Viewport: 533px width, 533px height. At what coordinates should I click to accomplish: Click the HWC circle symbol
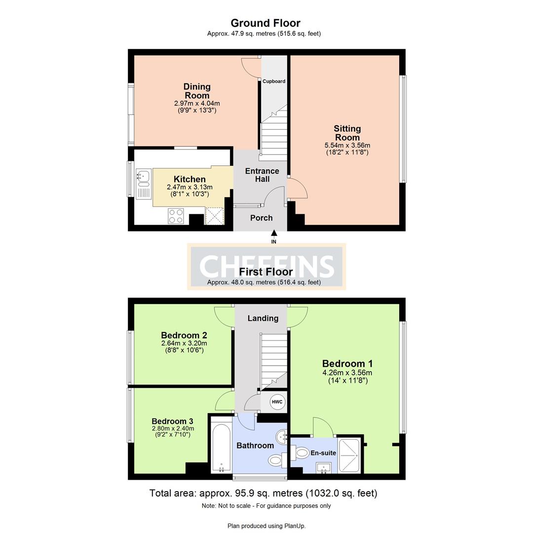(277, 402)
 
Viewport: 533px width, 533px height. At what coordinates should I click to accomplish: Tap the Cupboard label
(273, 81)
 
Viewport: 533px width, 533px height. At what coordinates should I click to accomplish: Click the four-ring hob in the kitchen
(176, 216)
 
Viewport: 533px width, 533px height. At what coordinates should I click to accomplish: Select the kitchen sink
(144, 184)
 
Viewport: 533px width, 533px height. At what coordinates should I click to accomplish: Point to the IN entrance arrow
(273, 233)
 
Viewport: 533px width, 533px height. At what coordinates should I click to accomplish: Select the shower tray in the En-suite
(349, 456)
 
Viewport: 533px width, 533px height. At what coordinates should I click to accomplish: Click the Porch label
(262, 218)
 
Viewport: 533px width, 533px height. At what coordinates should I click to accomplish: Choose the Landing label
(263, 318)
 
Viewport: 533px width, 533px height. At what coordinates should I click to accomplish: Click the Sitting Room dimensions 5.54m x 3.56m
(347, 145)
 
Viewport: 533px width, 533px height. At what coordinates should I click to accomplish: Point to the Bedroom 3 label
(172, 421)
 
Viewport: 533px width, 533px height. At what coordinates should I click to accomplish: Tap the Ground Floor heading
(266, 23)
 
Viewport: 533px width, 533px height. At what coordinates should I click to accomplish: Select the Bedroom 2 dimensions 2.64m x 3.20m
(184, 343)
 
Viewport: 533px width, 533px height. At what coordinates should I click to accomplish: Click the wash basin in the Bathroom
(282, 436)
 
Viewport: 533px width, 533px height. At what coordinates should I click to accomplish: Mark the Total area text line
(264, 493)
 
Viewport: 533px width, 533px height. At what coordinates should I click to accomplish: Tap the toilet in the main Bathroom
(277, 461)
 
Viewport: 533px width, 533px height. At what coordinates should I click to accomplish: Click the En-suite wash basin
(323, 468)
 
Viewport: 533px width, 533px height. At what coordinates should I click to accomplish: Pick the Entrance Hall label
(262, 175)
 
